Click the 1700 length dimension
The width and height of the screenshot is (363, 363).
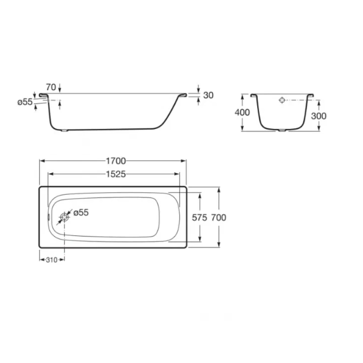tap(116, 161)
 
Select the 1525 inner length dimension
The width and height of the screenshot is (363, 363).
tap(116, 174)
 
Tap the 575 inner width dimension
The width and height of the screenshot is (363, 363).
tap(199, 218)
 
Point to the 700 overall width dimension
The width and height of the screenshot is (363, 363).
tap(218, 218)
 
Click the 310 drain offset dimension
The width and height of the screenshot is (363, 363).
tap(51, 260)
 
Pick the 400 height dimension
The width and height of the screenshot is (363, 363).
tap(242, 113)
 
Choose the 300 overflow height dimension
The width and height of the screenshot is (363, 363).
tap(319, 116)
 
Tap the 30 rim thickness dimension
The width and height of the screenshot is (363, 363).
tap(208, 95)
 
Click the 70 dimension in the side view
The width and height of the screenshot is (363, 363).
tap(51, 87)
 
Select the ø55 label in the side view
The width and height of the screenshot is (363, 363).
tap(25, 102)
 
